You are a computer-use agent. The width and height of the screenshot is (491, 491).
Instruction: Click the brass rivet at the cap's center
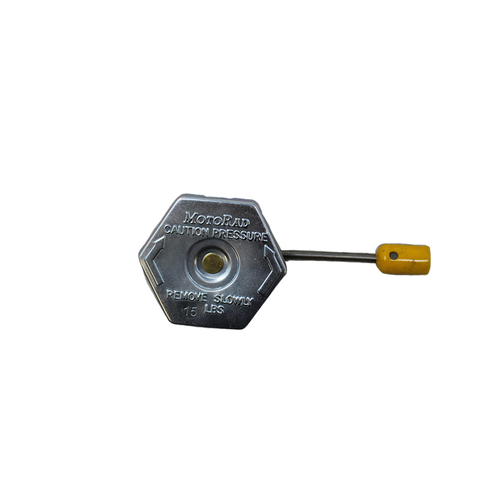(212, 263)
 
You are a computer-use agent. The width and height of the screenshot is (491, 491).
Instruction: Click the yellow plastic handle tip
(404, 259)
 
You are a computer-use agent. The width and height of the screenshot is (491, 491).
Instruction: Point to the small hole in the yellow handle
(394, 255)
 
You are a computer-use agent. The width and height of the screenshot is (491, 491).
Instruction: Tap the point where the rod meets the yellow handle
(377, 257)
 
